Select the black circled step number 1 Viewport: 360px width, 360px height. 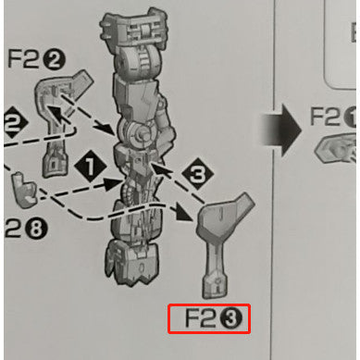point(90,166)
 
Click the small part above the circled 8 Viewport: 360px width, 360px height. point(27,189)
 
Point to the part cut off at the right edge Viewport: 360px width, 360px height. point(340,149)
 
